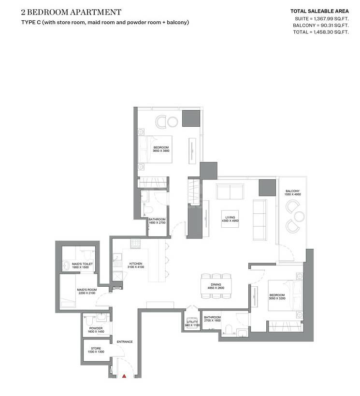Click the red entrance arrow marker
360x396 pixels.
click(x=124, y=375)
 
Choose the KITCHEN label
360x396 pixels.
click(x=136, y=264)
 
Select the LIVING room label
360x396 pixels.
click(x=230, y=217)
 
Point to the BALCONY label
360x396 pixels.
click(x=292, y=191)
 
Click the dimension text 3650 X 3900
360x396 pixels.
click(x=161, y=151)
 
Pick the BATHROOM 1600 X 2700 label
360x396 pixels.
click(x=157, y=221)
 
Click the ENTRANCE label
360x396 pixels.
click(x=125, y=342)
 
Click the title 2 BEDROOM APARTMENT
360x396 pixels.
click(x=71, y=12)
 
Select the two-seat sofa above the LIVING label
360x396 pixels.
click(x=230, y=192)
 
